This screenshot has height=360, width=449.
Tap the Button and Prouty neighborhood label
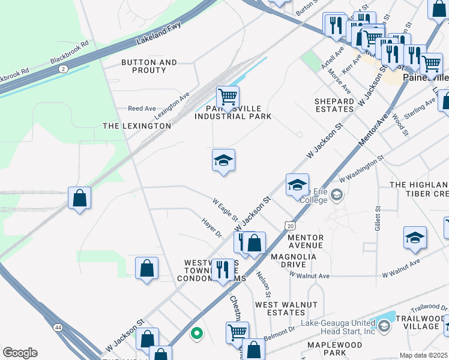click(x=149, y=66)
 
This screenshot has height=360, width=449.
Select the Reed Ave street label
click(x=142, y=109)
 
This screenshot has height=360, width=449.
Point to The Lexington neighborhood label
click(x=137, y=126)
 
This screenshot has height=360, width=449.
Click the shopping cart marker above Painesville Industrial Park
click(x=228, y=97)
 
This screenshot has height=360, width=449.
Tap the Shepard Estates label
click(x=334, y=105)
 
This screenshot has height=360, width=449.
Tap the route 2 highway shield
click(x=63, y=69)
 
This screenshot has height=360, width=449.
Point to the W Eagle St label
click(x=225, y=208)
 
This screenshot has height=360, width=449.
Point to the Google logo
click(x=20, y=353)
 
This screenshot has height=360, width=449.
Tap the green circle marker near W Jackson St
click(x=196, y=332)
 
